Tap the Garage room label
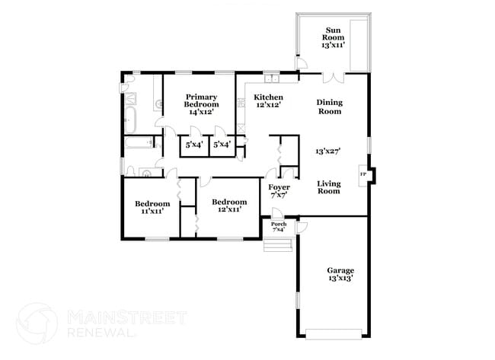[x=340, y=274]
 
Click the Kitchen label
[x=268, y=101]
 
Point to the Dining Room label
[x=329, y=107]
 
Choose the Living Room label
[x=328, y=186]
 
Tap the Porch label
[x=279, y=227]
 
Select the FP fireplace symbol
[x=362, y=175]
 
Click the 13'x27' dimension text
[x=328, y=151]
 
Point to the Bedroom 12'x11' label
[x=229, y=205]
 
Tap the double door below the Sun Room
[x=334, y=76]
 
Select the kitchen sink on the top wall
[x=273, y=77]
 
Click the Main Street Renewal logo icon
[x=37, y=322]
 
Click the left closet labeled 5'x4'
[x=194, y=144]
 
